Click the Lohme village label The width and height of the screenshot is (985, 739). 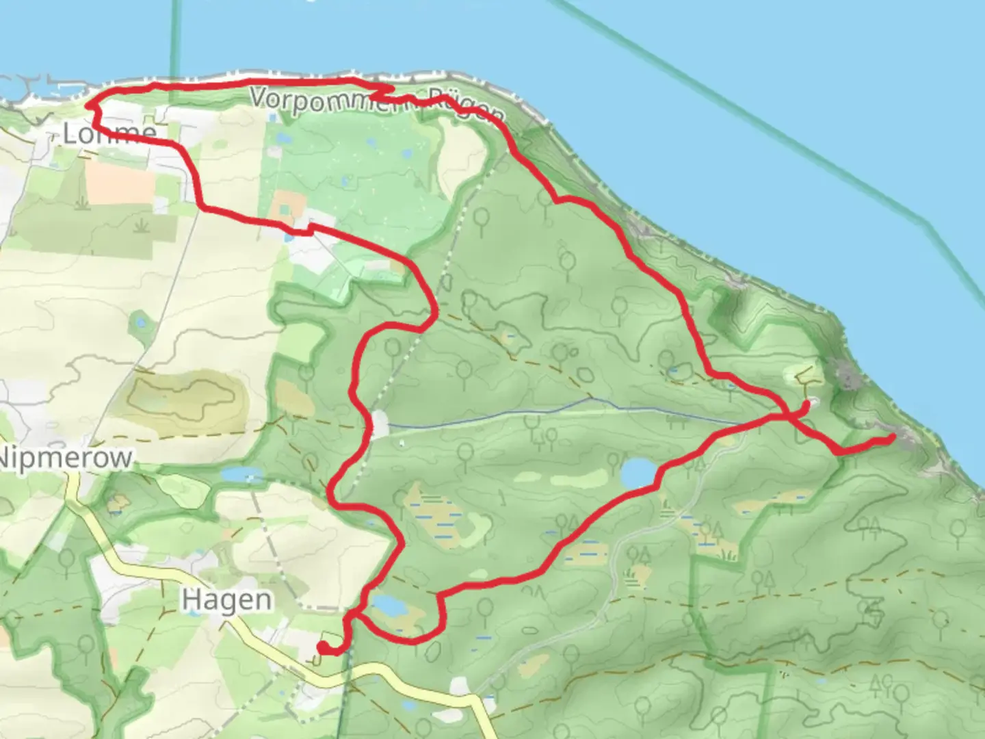point(109,133)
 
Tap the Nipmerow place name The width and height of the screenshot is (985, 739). point(66,458)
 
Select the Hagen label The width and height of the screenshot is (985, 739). point(226,600)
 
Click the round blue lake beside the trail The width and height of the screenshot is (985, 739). point(637,472)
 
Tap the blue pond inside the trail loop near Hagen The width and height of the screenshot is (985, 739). point(386,605)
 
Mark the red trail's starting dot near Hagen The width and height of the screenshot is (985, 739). point(321,646)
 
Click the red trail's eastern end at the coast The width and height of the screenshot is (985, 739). point(892,437)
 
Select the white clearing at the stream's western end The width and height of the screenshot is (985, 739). point(379,424)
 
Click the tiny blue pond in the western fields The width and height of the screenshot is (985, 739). point(141,321)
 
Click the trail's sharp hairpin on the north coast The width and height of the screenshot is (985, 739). point(390,88)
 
